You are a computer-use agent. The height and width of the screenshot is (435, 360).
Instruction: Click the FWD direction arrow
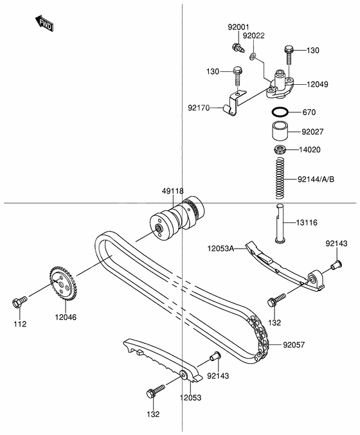44,24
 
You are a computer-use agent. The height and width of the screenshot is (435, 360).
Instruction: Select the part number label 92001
237,27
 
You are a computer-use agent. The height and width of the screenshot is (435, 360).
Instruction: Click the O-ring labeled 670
280,112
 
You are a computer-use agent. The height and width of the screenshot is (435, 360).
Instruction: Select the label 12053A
221,248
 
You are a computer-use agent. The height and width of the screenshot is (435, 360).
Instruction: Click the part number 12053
191,398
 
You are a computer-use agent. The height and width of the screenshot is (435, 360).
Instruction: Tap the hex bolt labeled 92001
237,46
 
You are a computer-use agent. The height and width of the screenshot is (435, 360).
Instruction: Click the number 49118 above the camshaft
173,191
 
